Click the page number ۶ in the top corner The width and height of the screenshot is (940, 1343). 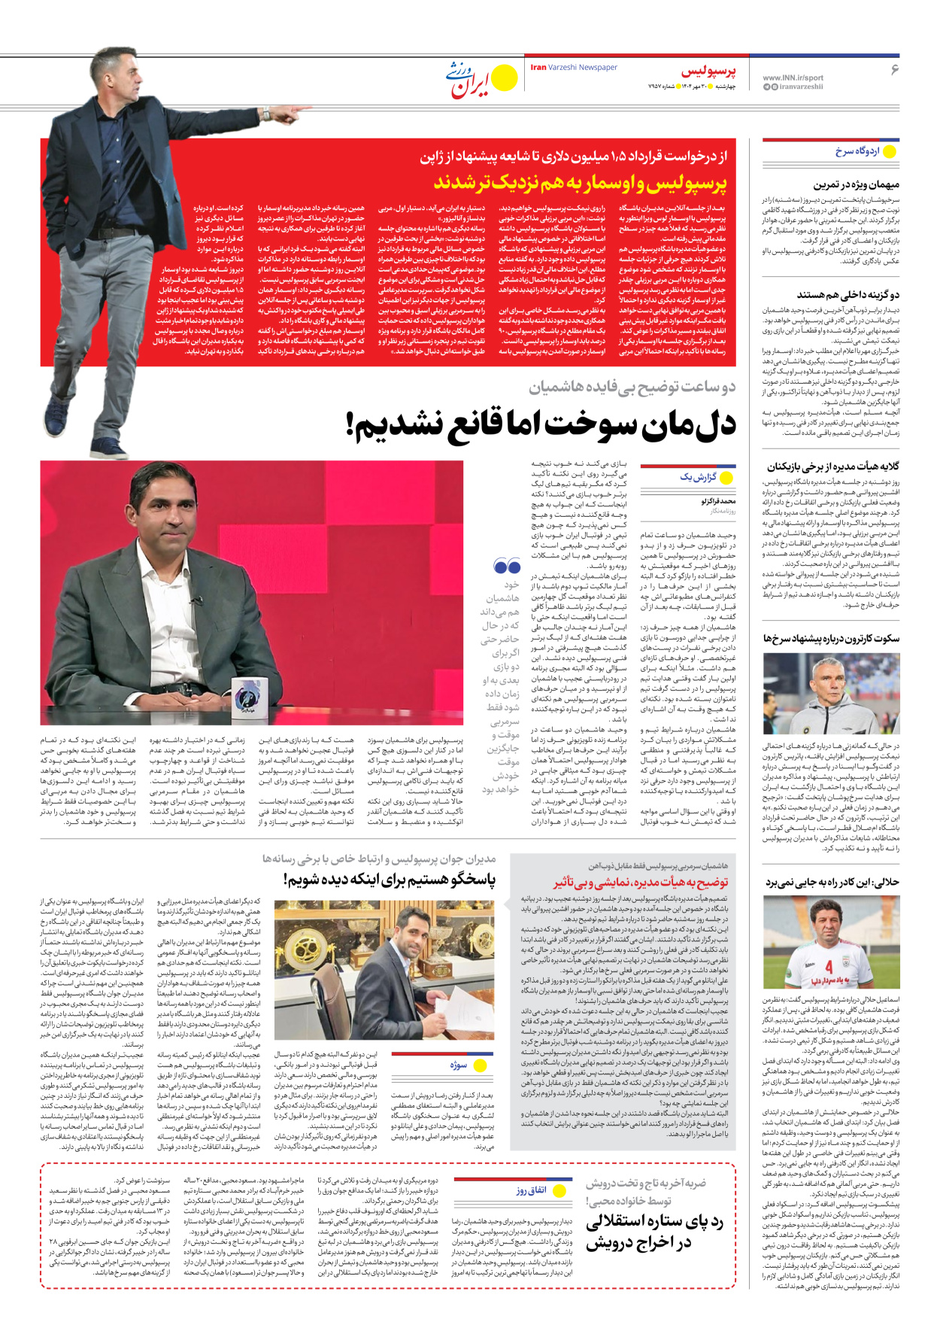pyautogui.click(x=894, y=69)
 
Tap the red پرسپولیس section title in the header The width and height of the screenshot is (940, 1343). pyautogui.click(x=708, y=71)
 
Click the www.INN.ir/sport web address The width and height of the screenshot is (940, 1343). pyautogui.click(x=793, y=77)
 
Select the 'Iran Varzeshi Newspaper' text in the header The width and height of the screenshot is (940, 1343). pyautogui.click(x=574, y=67)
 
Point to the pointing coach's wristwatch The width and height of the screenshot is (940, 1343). pyautogui.click(x=266, y=114)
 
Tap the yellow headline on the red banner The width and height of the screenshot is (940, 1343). pyautogui.click(x=581, y=183)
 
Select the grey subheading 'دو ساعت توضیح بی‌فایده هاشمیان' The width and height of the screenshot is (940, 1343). pyautogui.click(x=632, y=387)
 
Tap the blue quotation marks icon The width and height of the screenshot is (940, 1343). pyautogui.click(x=507, y=566)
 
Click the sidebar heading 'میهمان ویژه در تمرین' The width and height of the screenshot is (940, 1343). pyautogui.click(x=856, y=184)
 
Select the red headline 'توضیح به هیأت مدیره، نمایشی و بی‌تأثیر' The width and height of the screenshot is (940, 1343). pyautogui.click(x=641, y=883)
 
